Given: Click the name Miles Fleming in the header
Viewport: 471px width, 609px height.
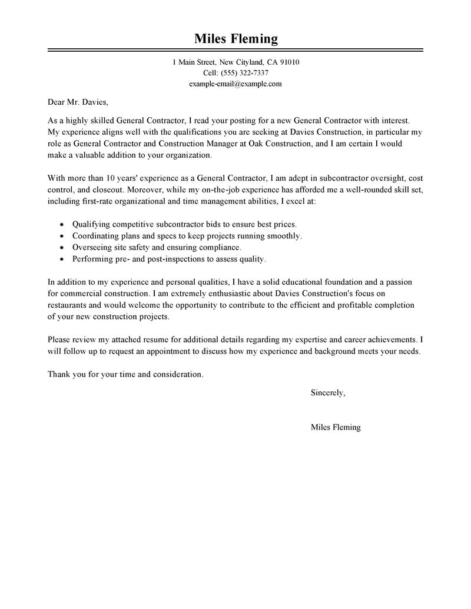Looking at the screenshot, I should coord(235,39).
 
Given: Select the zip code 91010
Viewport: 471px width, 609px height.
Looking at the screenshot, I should coord(288,62).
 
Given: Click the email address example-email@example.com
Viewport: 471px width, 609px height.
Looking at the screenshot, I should coord(235,84).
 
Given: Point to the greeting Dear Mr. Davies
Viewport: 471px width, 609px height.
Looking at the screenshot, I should coord(78,102).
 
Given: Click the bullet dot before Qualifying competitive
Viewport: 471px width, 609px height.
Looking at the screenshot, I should coord(62,225).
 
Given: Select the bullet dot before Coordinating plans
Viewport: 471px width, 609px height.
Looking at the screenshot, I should coord(62,236).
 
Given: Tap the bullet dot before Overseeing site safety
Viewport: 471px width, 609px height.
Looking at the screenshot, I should coord(62,247).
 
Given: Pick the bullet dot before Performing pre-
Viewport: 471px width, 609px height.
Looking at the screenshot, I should coord(62,259).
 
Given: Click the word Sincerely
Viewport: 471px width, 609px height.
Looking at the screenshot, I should coord(327,393).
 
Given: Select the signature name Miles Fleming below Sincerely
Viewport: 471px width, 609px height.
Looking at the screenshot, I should coord(336,428).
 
